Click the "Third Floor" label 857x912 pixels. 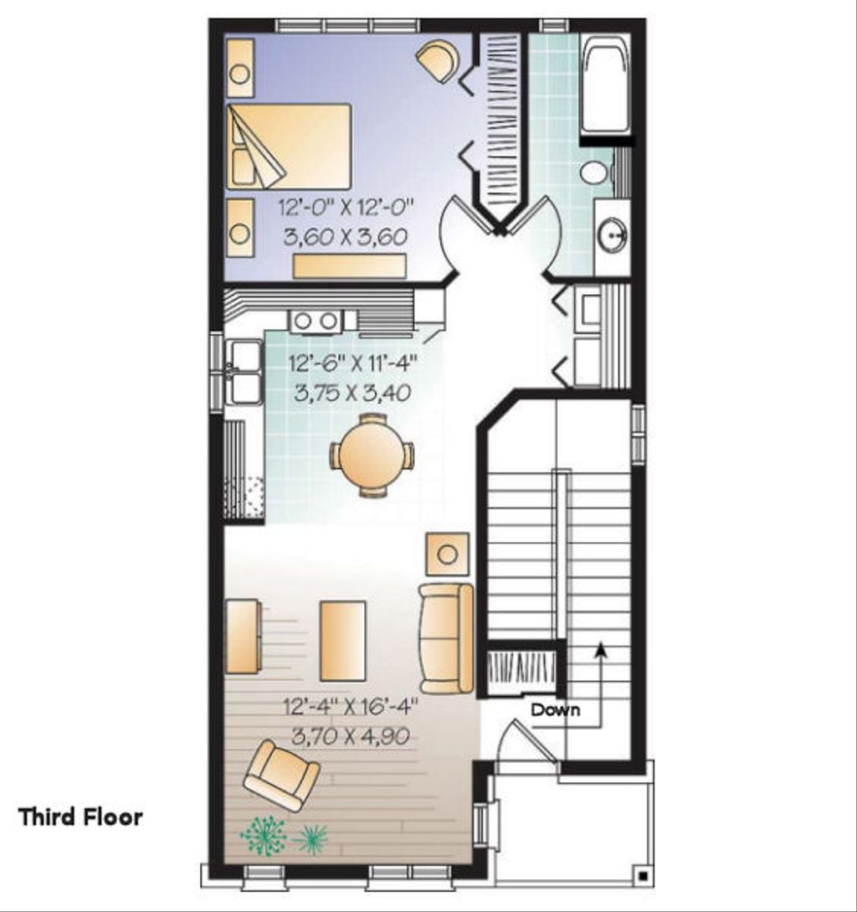(80, 817)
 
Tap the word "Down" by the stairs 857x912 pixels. (555, 710)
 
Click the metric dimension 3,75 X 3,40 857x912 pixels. (353, 393)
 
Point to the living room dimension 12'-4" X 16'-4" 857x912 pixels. (349, 708)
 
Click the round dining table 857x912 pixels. (372, 456)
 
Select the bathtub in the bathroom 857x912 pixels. (606, 83)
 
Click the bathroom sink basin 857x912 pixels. (613, 235)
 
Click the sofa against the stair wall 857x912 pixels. (446, 638)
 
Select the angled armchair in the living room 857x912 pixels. (280, 775)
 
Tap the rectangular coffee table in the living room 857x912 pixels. (342, 641)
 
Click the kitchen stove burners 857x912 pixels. (315, 320)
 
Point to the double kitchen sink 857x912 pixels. (244, 372)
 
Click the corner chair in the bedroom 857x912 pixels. (439, 61)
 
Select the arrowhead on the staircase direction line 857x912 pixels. (600, 648)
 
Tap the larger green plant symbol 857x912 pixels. (263, 835)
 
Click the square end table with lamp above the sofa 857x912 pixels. (448, 554)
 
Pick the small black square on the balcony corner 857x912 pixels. (642, 876)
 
